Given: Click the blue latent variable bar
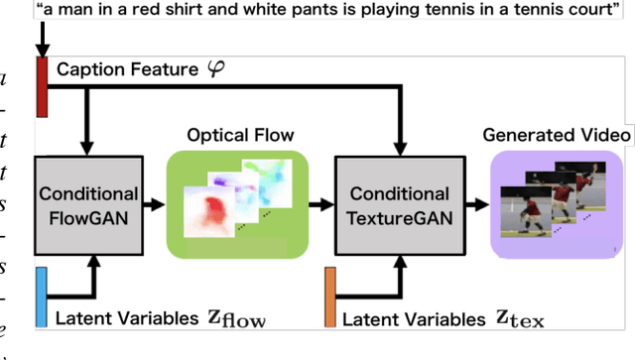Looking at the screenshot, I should [x=42, y=296].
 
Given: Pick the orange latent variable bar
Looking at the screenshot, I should [x=330, y=297].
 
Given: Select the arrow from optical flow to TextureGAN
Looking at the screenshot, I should [x=320, y=205].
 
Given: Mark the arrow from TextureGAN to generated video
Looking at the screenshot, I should [x=476, y=205].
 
